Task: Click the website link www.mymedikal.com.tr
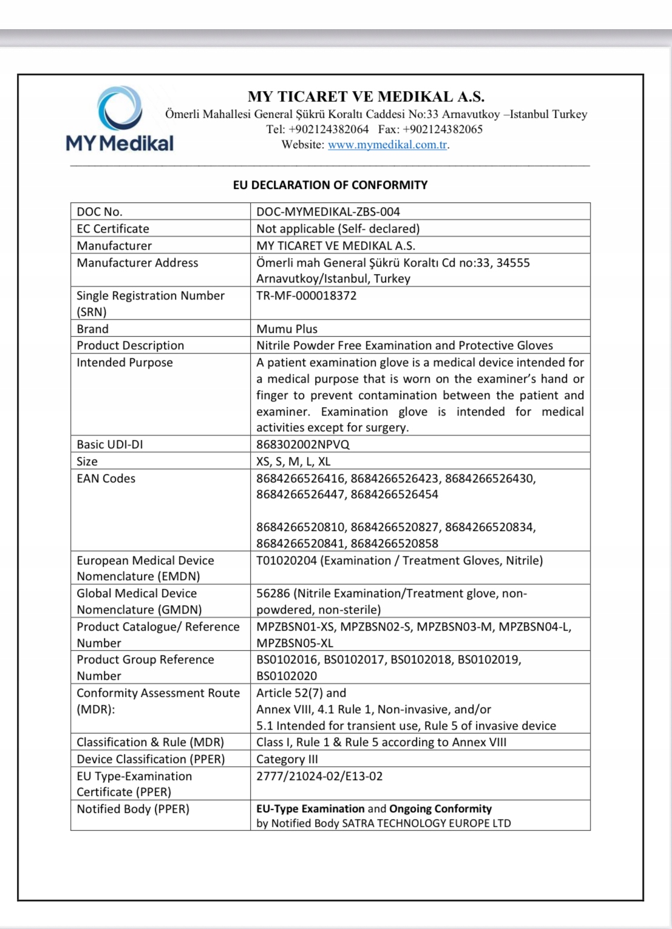coord(387,145)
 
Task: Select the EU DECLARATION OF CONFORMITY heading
coord(330,185)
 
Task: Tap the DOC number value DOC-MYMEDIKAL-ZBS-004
coord(328,211)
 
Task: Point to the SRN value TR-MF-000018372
coord(306,296)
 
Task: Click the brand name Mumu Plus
coord(287,329)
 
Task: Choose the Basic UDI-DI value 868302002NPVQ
coord(302,444)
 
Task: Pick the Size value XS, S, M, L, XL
coord(293,461)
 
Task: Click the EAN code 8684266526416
coord(300,478)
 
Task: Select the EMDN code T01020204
coord(287,560)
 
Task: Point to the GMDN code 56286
coord(273,593)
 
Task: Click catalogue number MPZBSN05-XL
coord(294,643)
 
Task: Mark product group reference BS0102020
coord(287,676)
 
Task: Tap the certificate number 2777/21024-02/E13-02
coord(319,776)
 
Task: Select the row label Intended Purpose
coord(124,362)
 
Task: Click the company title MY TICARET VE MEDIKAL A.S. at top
coord(365,97)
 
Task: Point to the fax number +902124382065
coord(443,129)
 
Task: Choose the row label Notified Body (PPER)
coord(133,809)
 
